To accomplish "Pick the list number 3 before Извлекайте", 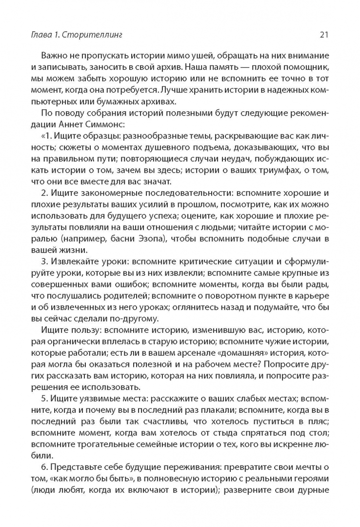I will coord(44,261).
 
